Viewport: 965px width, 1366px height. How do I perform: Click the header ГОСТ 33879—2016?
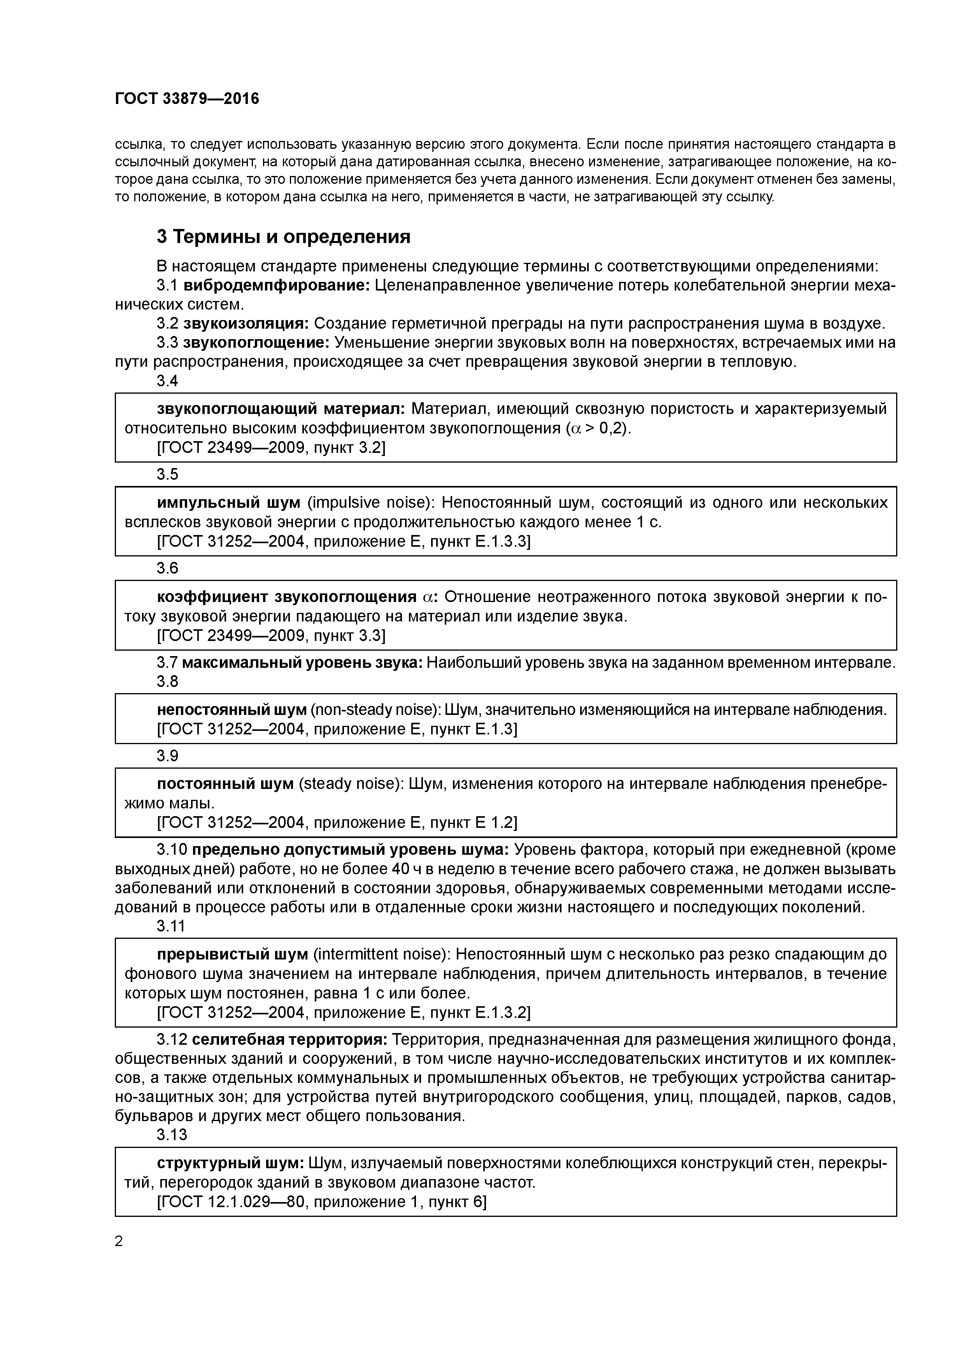coord(187,99)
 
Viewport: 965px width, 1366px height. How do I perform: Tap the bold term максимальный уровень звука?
coord(302,663)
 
